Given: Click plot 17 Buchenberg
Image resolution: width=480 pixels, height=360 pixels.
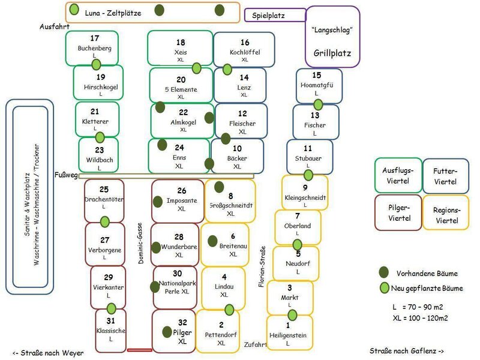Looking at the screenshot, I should click(94, 49).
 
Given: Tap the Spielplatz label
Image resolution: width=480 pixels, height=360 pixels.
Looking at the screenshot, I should click(268, 16).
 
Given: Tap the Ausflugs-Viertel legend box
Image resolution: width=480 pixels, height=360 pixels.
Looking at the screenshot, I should click(397, 176).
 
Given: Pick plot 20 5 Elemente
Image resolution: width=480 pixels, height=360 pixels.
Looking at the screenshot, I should click(181, 87).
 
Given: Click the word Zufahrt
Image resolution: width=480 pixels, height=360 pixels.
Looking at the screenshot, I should click(255, 345).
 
